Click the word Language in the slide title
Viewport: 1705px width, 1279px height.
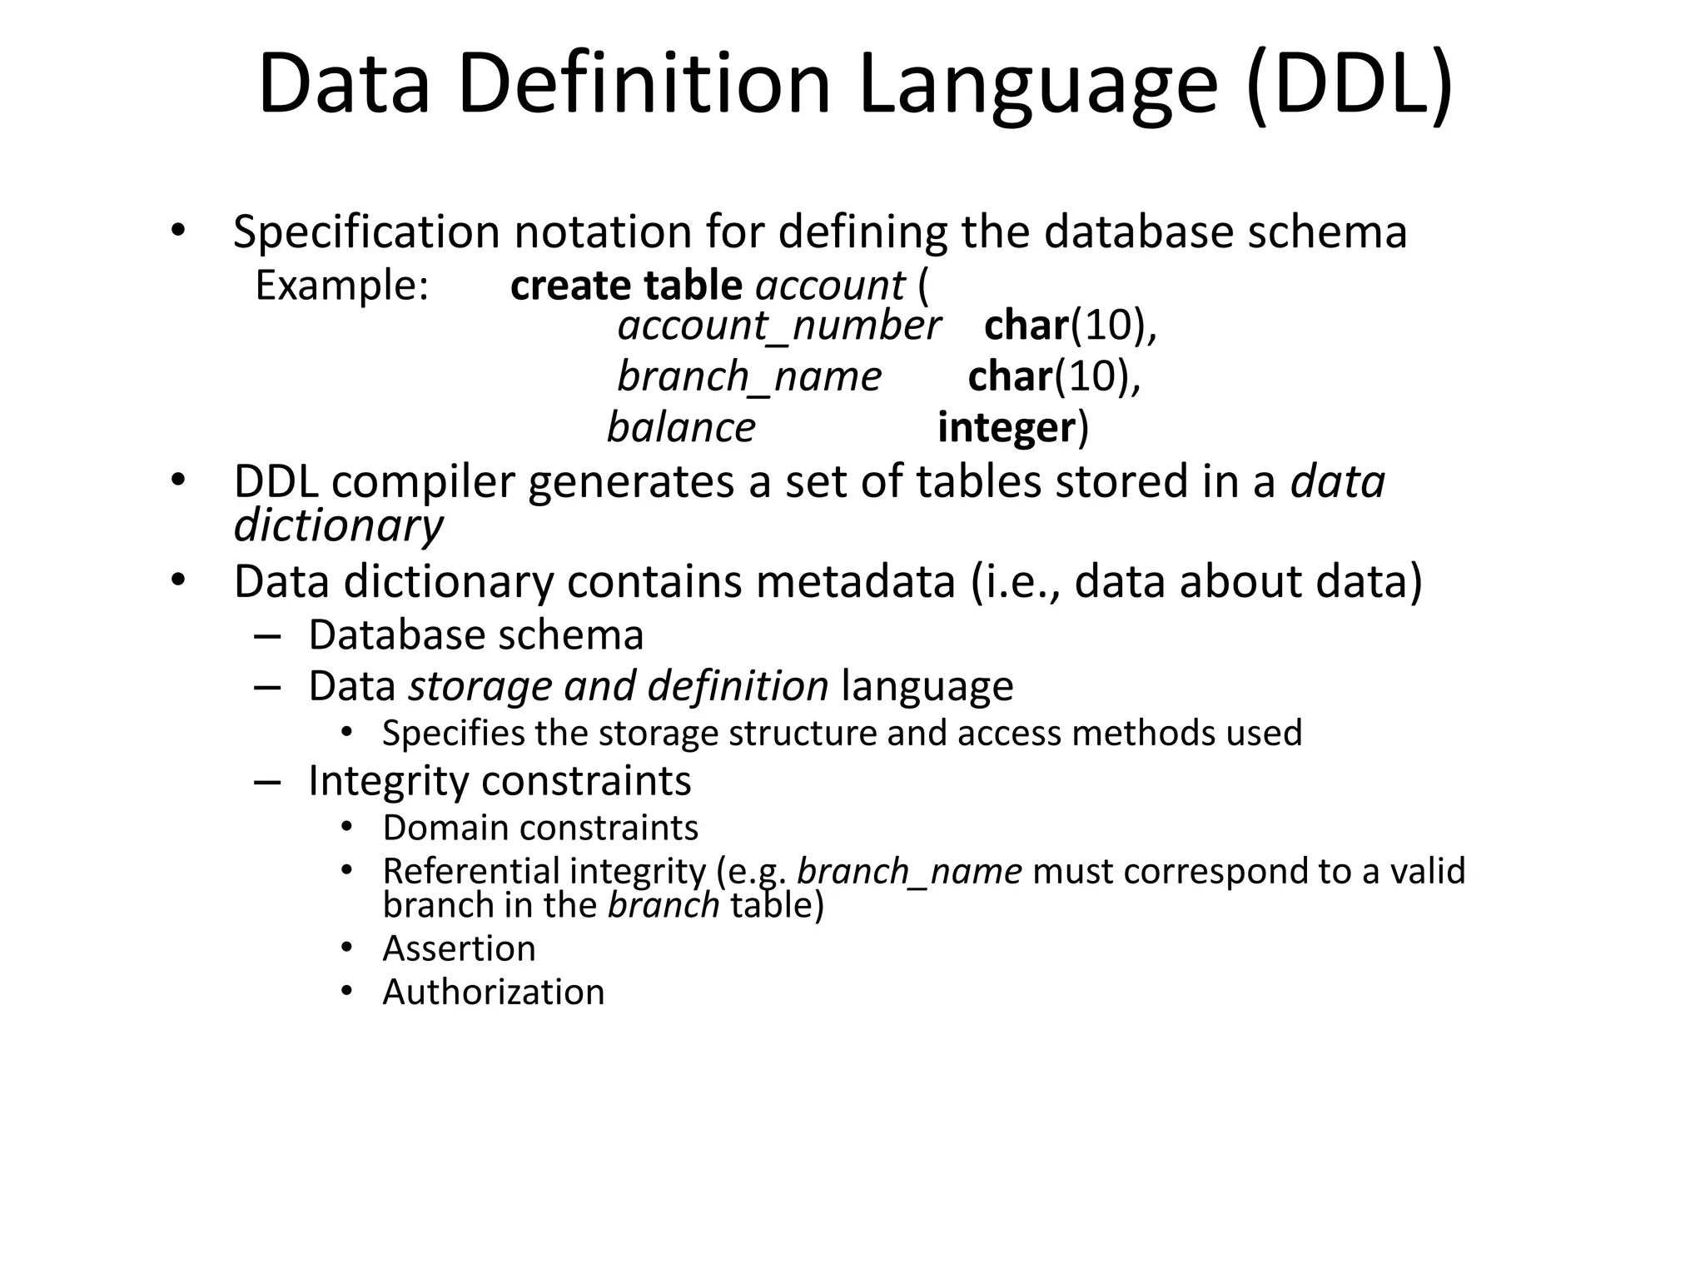pos(1037,86)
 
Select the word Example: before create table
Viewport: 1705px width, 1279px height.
pos(341,286)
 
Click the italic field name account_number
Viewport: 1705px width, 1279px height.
pos(778,325)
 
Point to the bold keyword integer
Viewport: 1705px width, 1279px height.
pos(1007,427)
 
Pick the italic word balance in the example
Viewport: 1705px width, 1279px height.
pos(681,427)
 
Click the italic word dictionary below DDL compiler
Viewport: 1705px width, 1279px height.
pos(338,526)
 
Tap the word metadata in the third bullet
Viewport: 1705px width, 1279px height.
pos(855,581)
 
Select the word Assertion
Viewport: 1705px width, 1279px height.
pos(459,948)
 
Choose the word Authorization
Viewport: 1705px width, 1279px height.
pos(493,992)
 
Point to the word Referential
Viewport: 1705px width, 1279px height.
pos(470,871)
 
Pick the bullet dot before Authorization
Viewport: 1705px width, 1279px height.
pos(347,991)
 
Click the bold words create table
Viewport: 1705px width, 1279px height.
pos(625,286)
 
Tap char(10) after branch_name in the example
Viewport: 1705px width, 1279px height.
pos(1053,376)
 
